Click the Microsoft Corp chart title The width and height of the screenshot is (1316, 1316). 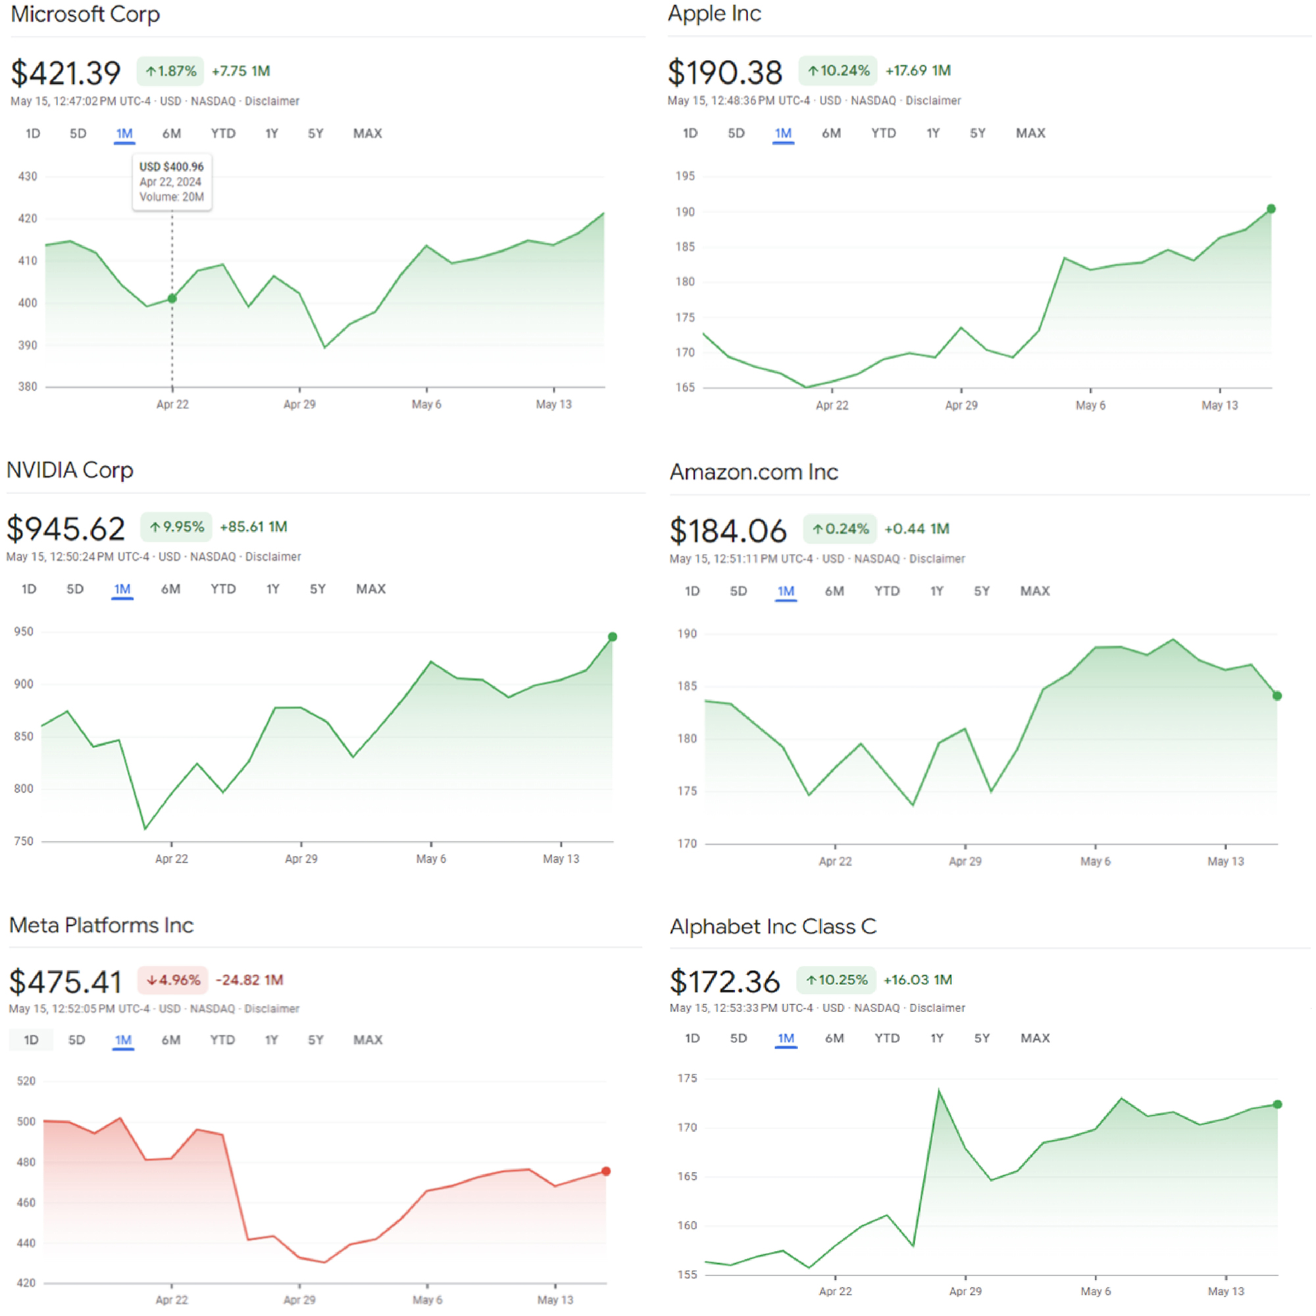(x=85, y=14)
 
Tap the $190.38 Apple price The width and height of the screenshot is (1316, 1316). (x=724, y=72)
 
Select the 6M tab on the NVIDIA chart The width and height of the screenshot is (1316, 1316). (x=170, y=589)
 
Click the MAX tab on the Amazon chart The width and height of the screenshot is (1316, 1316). (x=1034, y=592)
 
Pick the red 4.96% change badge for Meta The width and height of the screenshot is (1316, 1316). (x=174, y=980)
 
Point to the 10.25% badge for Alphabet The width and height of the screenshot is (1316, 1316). (x=836, y=980)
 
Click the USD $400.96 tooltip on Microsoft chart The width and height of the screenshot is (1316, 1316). (x=172, y=182)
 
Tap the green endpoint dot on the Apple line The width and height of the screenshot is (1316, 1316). (x=1271, y=209)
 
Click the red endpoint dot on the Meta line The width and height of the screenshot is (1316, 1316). (x=605, y=1172)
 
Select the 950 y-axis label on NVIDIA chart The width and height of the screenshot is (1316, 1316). (x=24, y=632)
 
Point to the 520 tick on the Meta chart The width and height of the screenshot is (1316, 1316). (x=26, y=1081)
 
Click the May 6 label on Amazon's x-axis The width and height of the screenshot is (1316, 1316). (x=1096, y=862)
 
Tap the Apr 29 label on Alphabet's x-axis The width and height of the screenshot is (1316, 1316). (x=965, y=1292)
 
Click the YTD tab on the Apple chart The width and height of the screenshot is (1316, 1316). (x=884, y=134)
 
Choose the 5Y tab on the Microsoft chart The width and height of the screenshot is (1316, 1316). (x=315, y=134)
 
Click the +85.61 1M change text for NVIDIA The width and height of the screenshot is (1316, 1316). (x=253, y=527)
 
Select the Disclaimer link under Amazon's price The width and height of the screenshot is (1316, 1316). (x=936, y=559)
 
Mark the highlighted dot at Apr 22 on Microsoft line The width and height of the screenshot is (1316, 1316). (x=172, y=298)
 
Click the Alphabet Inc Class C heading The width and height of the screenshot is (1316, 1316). (x=773, y=926)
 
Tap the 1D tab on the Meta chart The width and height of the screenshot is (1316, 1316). (x=32, y=1040)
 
